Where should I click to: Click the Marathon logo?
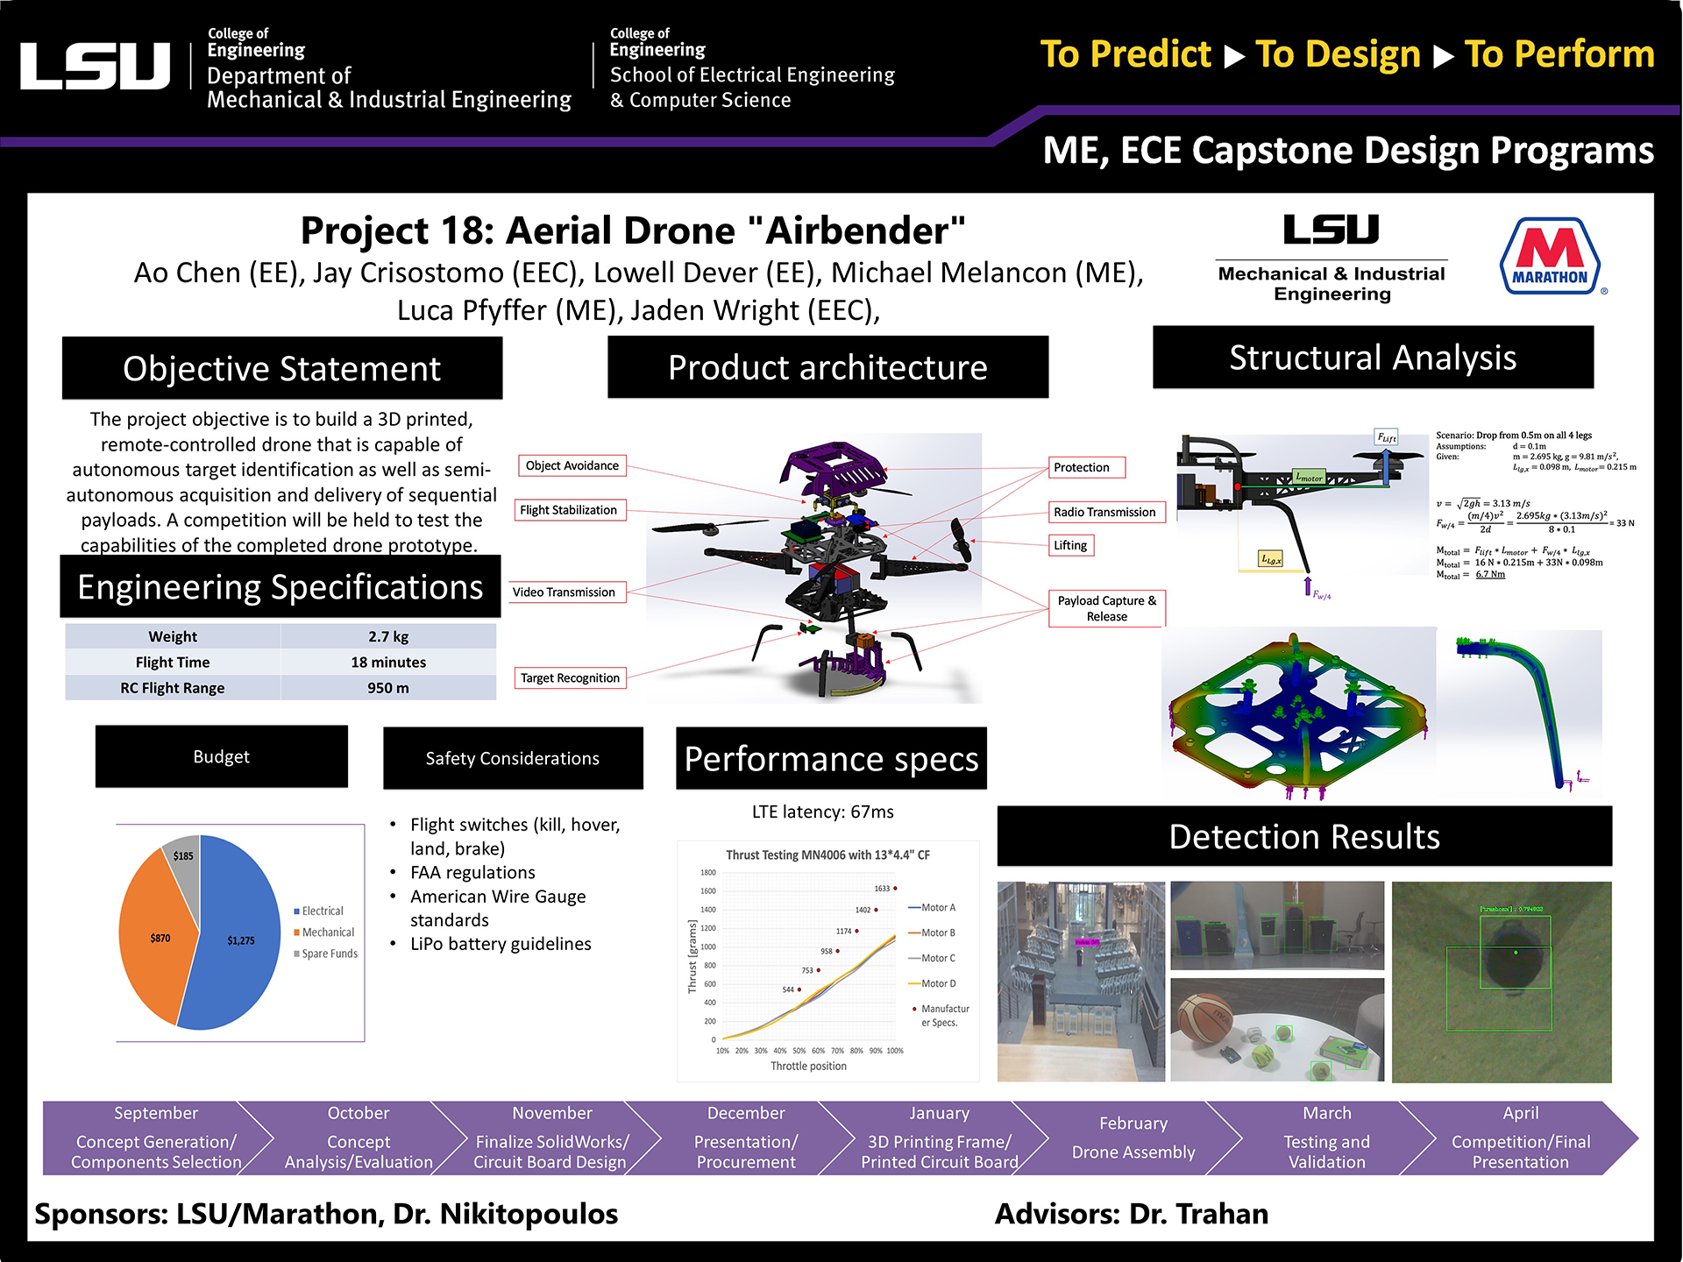pyautogui.click(x=1550, y=256)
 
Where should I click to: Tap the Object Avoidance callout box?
pyautogui.click(x=572, y=465)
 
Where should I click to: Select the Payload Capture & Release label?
pyautogui.click(x=1106, y=608)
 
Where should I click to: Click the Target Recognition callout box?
pyautogui.click(x=570, y=677)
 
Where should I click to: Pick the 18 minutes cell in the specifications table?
pyautogui.click(x=388, y=663)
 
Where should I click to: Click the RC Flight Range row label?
pyautogui.click(x=173, y=688)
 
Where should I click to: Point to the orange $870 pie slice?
pyautogui.click(x=158, y=938)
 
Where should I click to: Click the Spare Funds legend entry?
pyautogui.click(x=329, y=954)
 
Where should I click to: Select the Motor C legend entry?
pyautogui.click(x=937, y=958)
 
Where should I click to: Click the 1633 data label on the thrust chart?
pyautogui.click(x=882, y=889)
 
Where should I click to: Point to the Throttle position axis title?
pyautogui.click(x=808, y=1067)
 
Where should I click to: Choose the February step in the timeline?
pyautogui.click(x=1133, y=1138)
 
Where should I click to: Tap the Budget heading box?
pyautogui.click(x=221, y=756)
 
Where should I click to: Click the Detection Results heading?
pyautogui.click(x=1304, y=836)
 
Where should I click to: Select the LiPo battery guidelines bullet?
pyautogui.click(x=501, y=944)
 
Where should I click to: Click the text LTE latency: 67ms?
pyautogui.click(x=822, y=812)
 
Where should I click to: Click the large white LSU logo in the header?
pyautogui.click(x=95, y=66)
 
